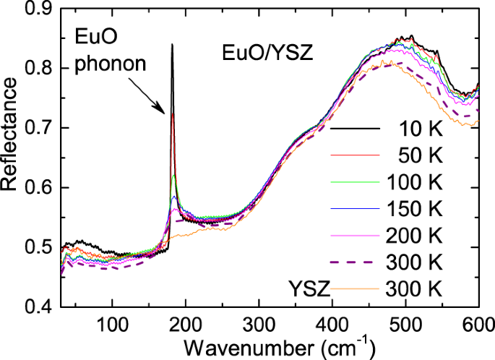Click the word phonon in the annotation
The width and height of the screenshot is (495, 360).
(111, 63)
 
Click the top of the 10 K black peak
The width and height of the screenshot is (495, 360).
(172, 45)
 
